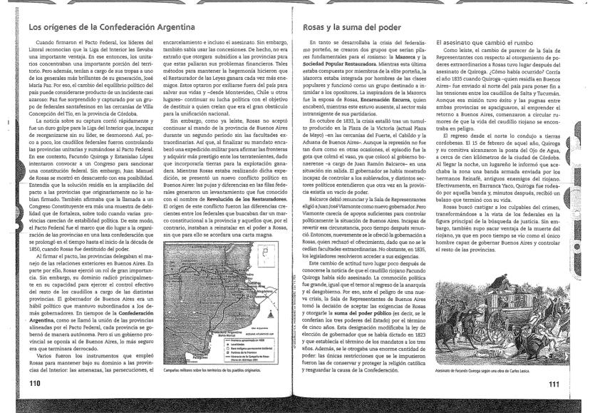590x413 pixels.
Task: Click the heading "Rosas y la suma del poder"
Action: pos(344,28)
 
